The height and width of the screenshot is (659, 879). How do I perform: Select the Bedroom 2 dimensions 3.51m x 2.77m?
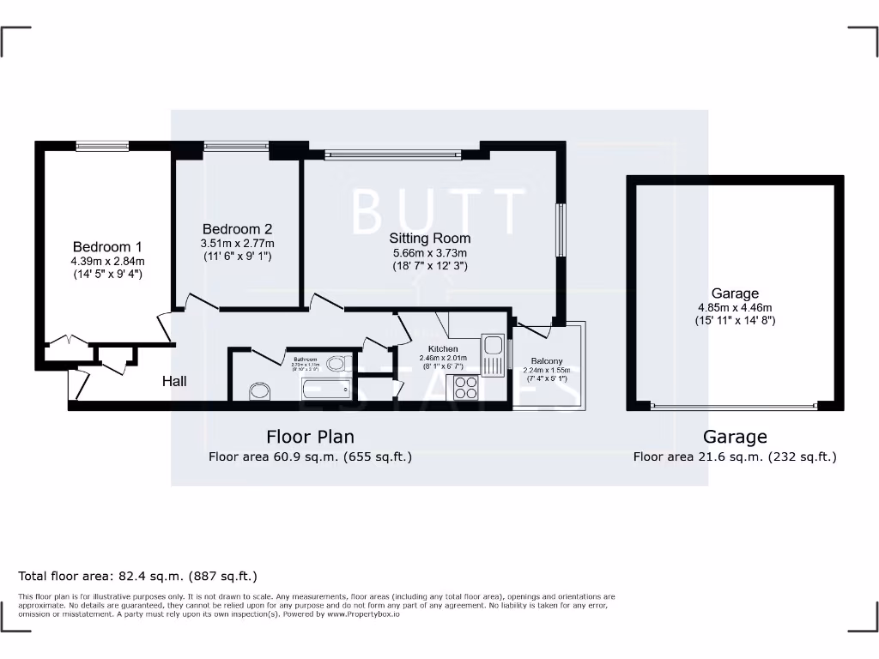point(237,244)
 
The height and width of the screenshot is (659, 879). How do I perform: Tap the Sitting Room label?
point(429,238)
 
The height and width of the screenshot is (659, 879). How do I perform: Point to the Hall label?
point(174,381)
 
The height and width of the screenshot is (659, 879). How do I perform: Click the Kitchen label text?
point(443,348)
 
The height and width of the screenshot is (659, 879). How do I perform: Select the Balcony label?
point(546,361)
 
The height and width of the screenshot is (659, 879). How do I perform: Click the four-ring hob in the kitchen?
point(464,388)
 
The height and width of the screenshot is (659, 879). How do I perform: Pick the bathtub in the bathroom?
point(326,390)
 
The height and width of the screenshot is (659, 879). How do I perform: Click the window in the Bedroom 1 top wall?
point(102,146)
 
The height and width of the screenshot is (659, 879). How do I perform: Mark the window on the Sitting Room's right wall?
point(561,229)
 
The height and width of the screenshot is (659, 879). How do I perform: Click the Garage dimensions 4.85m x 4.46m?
point(735,308)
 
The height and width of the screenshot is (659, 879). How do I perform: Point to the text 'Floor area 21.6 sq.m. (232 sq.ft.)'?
point(735,457)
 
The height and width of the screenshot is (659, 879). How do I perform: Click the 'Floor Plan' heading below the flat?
point(310,437)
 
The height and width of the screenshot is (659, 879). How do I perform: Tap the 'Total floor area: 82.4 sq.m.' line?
point(138,576)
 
